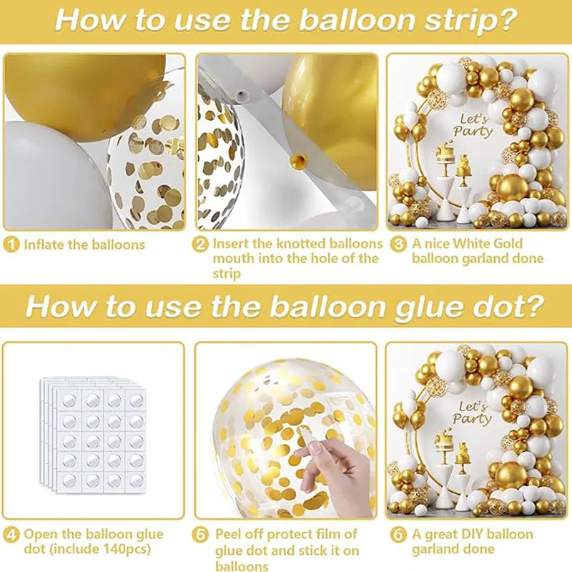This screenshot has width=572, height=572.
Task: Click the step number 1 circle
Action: point(11,245)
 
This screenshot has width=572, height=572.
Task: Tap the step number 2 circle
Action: point(200,245)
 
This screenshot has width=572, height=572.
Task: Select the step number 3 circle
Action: point(398,244)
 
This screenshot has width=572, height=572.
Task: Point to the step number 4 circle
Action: point(11,535)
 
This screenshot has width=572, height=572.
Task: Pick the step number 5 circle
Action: point(200,535)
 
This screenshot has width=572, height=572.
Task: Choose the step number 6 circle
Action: point(398,535)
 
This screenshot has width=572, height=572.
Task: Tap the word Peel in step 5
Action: point(229,535)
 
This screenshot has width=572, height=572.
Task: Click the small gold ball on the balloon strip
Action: point(299,160)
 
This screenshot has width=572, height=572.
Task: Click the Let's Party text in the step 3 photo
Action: point(473,125)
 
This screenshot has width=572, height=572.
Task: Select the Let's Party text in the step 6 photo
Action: point(472,413)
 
